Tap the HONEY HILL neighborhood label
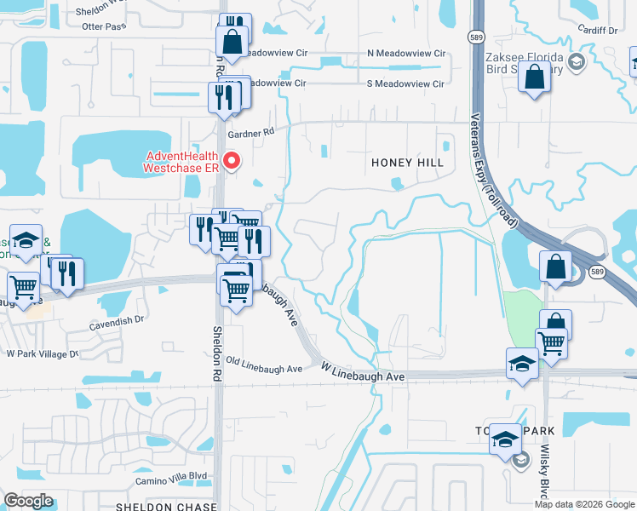(x=403, y=163)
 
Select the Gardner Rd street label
(x=252, y=132)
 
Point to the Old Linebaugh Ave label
(x=264, y=369)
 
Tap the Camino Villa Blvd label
(x=174, y=477)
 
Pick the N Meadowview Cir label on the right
(x=406, y=53)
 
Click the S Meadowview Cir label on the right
(x=405, y=83)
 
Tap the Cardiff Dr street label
(x=596, y=30)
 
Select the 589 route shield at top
(x=476, y=37)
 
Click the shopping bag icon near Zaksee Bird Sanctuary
(x=534, y=80)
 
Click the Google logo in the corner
(x=28, y=501)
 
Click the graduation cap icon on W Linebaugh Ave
(x=522, y=365)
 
